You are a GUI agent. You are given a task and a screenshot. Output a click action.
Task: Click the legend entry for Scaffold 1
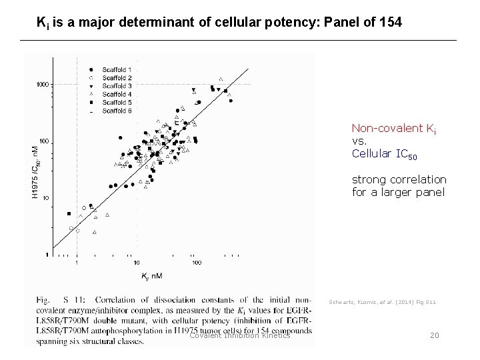(117, 70)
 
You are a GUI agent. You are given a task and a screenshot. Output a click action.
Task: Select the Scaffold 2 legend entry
(117, 78)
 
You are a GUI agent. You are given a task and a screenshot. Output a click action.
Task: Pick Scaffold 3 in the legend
(117, 86)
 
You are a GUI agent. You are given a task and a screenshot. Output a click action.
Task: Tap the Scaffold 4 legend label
(117, 94)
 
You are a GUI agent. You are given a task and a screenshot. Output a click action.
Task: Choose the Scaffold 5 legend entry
(117, 103)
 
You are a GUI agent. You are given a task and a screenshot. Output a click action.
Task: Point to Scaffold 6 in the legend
(117, 111)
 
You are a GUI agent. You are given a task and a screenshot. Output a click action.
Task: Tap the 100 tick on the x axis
(197, 263)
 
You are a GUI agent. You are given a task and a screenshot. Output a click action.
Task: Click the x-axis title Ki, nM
(151, 275)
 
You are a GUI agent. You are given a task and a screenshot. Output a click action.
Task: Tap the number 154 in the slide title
(389, 23)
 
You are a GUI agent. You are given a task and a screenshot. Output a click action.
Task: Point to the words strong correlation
(399, 180)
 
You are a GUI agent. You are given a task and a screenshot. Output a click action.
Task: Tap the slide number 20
(434, 335)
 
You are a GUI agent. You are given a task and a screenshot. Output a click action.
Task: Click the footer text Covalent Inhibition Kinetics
(239, 335)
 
